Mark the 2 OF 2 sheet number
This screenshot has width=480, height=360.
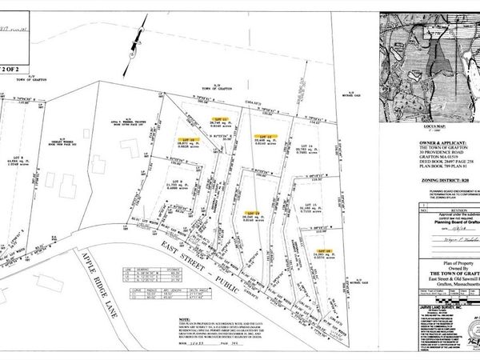coord(14,68)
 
